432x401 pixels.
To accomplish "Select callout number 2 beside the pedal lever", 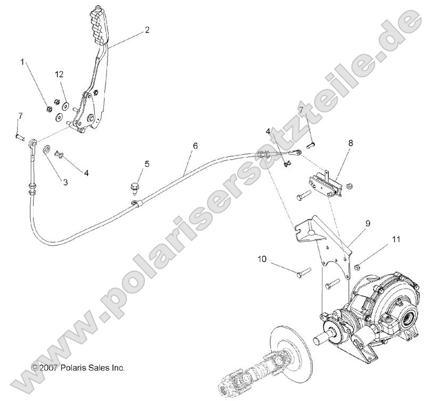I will pyautogui.click(x=147, y=30).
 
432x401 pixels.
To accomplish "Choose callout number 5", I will pyautogui.click(x=147, y=163).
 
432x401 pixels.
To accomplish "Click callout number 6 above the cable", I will pyautogui.click(x=195, y=145).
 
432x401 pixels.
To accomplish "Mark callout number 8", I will pyautogui.click(x=351, y=143).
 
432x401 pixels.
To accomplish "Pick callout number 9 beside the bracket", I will pyautogui.click(x=368, y=224).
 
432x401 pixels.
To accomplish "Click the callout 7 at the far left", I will pyautogui.click(x=20, y=116).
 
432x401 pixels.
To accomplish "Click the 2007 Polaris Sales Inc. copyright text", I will pyautogui.click(x=78, y=367).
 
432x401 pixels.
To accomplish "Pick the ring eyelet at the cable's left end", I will pyautogui.click(x=34, y=143).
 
